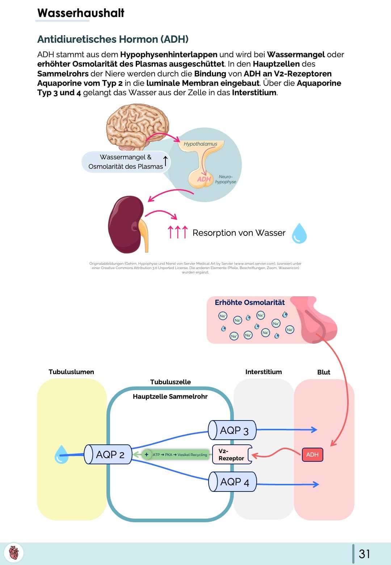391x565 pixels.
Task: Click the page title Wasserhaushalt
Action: [81, 13]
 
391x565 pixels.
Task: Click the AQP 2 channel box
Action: [108, 454]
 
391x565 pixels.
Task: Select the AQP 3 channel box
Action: [232, 430]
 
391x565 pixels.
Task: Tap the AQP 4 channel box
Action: [233, 482]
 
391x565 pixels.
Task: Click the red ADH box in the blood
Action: [312, 455]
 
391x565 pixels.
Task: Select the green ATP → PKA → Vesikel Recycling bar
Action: [176, 455]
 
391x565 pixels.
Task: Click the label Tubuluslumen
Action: [71, 372]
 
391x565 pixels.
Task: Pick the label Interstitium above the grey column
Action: [264, 372]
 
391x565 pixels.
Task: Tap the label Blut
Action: [324, 372]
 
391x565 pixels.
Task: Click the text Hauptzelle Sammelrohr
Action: [170, 397]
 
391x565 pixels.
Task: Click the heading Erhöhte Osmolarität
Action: [250, 302]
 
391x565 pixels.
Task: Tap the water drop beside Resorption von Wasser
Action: [299, 233]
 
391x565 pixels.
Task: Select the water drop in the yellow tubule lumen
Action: [61, 455]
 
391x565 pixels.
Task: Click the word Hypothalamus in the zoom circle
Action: [200, 144]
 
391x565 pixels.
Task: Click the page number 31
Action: [364, 554]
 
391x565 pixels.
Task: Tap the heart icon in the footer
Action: [14, 553]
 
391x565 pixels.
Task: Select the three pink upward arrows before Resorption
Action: [177, 232]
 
